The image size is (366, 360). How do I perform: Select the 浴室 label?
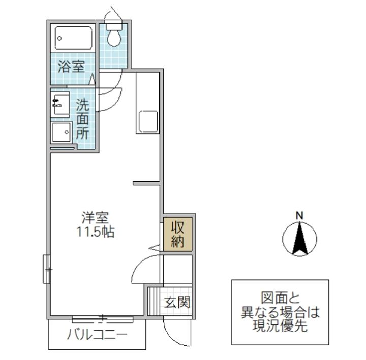point(71,67)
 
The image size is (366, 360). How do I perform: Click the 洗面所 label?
point(83,120)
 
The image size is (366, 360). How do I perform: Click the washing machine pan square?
point(62,133)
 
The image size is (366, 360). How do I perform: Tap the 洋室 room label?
point(95,218)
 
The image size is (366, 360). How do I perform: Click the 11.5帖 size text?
point(95,233)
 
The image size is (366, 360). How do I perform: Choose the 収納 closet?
point(177,234)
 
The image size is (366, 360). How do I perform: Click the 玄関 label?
point(177,303)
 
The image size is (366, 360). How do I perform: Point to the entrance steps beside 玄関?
point(152,303)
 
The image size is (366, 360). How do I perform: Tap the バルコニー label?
point(97,336)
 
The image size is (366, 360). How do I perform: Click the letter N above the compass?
point(300,215)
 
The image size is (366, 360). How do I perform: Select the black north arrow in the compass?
point(300,239)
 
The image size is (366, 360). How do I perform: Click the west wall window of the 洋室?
point(46,269)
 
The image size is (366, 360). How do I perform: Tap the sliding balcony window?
point(102,319)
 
